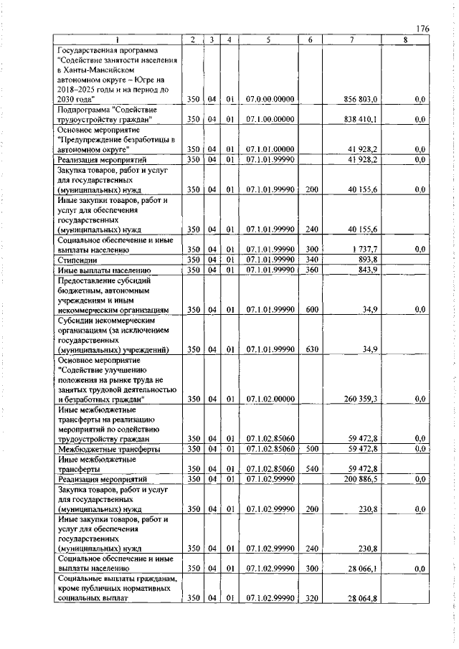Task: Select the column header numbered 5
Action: (x=265, y=39)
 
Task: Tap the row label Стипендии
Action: (x=76, y=260)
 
